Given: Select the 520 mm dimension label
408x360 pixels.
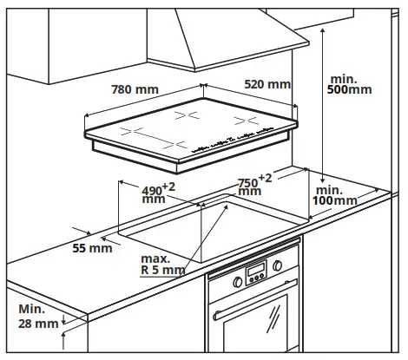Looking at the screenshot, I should [267, 84].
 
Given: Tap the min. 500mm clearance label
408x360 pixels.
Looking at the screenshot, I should [350, 82].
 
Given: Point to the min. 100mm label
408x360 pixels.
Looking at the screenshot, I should [336, 195].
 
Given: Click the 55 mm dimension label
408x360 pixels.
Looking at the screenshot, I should [92, 248].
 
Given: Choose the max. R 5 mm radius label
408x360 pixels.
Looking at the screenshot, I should [164, 265].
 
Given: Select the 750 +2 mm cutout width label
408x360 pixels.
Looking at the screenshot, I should [254, 185].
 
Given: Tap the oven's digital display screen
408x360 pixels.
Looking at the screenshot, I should [255, 276].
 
